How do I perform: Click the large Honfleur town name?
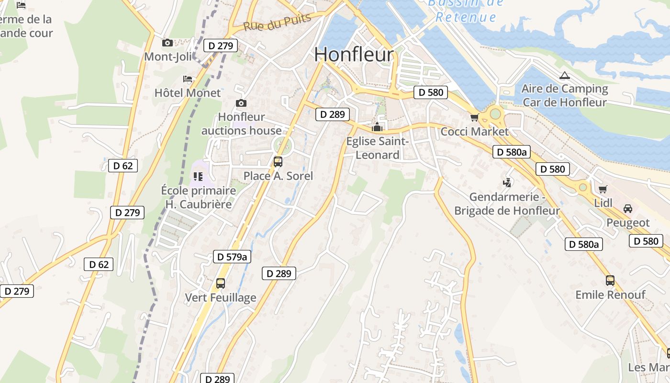pos(354,55)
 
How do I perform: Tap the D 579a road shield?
pos(232,257)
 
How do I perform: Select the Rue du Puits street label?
pos(277,22)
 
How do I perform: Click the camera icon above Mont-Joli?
pos(167,43)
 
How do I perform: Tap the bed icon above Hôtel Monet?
pos(188,79)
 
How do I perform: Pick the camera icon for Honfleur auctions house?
pos(241,103)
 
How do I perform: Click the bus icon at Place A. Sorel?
pos(278,162)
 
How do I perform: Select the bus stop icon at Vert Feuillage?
pos(221,283)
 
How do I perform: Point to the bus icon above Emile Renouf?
pos(610,281)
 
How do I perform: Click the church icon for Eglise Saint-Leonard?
pos(377,127)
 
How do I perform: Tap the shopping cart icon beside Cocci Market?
pos(474,117)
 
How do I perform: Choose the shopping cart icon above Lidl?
pos(603,189)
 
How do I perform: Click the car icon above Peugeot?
pos(628,209)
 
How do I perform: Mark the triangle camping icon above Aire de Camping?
pos(565,75)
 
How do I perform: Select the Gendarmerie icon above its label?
pos(507,182)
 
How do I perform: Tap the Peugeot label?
pos(628,223)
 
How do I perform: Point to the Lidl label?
pos(603,203)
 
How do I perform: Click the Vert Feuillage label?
pos(221,298)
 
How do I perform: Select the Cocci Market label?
pos(474,131)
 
